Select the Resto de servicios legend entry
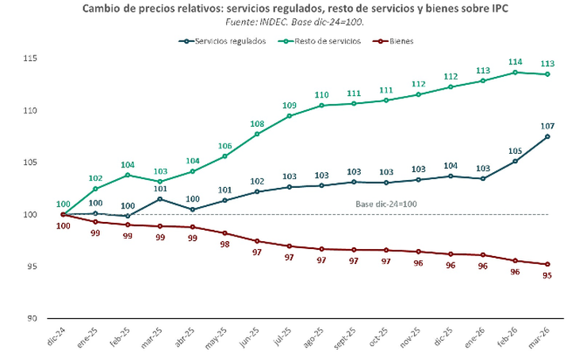(319, 40)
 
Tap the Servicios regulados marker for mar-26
(547, 136)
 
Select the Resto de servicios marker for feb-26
(515, 72)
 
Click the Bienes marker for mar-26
(547, 264)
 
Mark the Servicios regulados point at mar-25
(160, 199)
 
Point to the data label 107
(546, 125)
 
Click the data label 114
(515, 61)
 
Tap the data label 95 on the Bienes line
(546, 275)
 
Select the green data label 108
(257, 123)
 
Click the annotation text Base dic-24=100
(386, 204)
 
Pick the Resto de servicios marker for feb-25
(128, 174)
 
